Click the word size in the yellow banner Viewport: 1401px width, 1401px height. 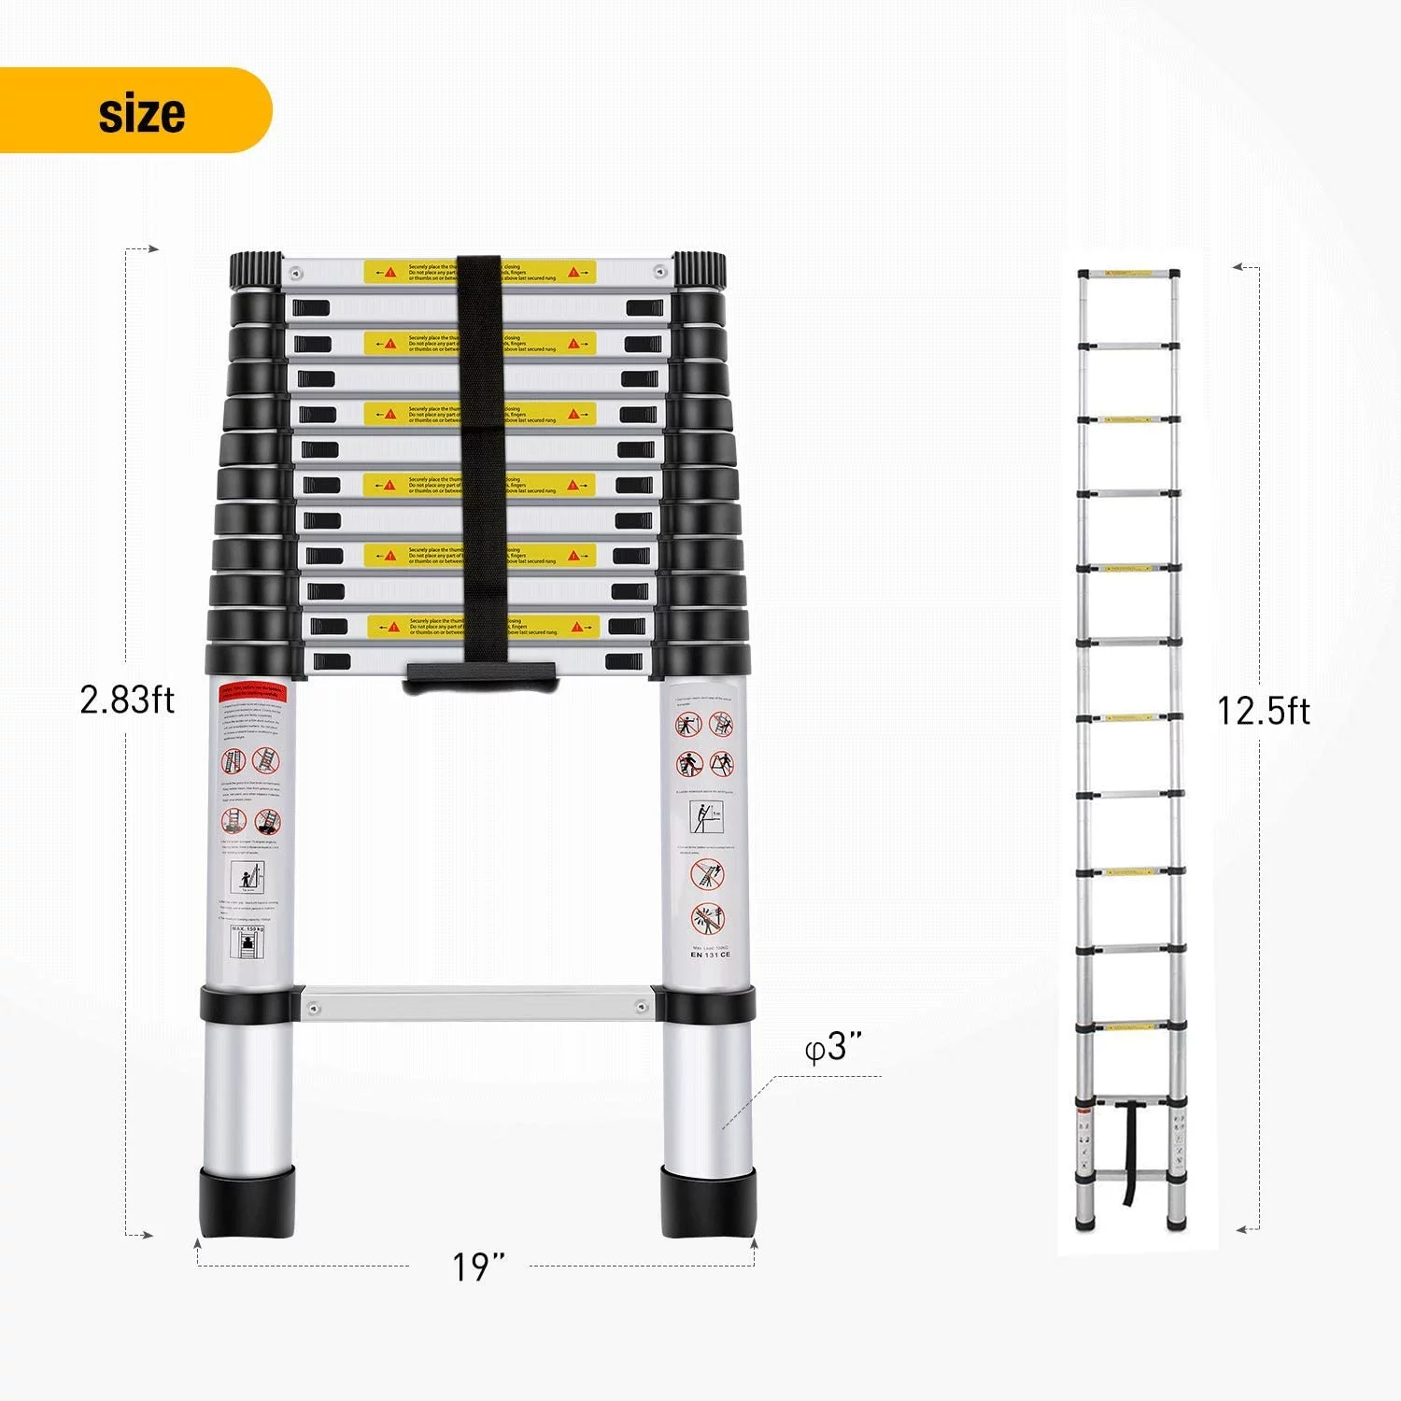point(142,113)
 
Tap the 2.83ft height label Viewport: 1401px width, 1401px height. point(127,700)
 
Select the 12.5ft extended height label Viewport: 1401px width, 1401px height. point(1263,712)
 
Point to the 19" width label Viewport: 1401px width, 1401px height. point(477,1267)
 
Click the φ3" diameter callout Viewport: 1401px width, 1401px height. point(832,1047)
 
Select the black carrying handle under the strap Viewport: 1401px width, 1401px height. point(481,677)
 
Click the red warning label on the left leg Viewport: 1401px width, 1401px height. point(253,692)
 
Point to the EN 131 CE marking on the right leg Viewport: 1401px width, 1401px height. point(711,955)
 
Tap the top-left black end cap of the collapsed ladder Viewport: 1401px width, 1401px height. point(256,271)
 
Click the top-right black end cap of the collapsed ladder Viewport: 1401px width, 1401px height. point(699,271)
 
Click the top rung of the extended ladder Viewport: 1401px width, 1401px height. point(1128,275)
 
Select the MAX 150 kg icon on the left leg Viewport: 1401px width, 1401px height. point(248,941)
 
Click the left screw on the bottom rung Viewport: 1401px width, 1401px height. point(313,1008)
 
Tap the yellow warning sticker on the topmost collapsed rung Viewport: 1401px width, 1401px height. point(480,272)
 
